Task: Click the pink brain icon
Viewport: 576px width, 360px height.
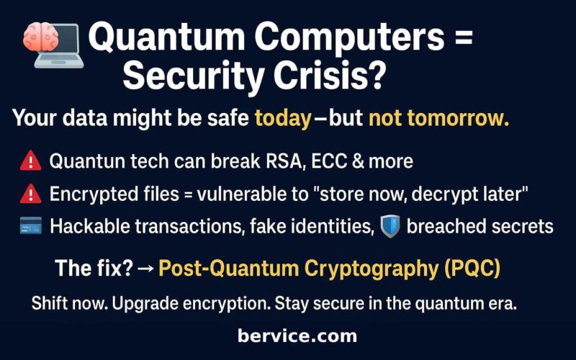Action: tap(40, 37)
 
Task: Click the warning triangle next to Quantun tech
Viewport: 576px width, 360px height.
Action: tap(30, 161)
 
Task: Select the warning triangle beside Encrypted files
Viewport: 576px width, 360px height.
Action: tap(30, 194)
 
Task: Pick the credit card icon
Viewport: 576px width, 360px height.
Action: tap(30, 225)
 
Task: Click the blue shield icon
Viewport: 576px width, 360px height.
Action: tap(390, 226)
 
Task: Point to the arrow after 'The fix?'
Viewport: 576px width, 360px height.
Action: tap(145, 269)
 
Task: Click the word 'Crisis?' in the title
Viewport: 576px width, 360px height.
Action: tap(329, 76)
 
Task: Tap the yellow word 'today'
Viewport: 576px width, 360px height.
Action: tap(283, 119)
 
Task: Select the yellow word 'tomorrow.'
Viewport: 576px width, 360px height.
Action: tap(459, 118)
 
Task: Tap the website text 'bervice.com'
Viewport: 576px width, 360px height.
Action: tap(297, 336)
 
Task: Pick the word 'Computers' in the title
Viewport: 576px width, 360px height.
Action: tap(349, 37)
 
